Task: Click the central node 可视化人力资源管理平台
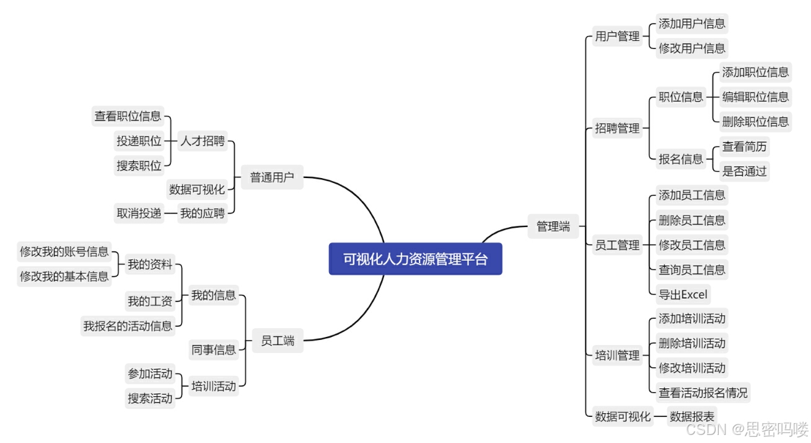click(x=415, y=259)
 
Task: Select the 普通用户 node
click(x=273, y=178)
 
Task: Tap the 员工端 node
click(x=278, y=341)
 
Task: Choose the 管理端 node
click(x=553, y=226)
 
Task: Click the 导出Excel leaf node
click(x=683, y=294)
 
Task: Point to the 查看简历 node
click(x=744, y=147)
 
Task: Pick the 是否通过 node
click(x=744, y=171)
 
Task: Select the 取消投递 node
click(x=139, y=213)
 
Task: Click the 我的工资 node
click(x=150, y=302)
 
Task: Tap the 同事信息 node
click(x=214, y=350)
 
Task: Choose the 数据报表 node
click(x=691, y=417)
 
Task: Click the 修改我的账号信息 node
click(x=64, y=252)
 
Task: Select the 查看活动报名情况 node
click(x=703, y=392)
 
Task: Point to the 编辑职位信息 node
click(x=755, y=97)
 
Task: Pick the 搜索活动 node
click(x=150, y=398)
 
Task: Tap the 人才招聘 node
click(x=203, y=141)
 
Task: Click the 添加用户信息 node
click(x=692, y=24)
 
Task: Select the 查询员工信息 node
click(x=691, y=269)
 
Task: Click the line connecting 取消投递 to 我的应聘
click(x=171, y=213)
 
